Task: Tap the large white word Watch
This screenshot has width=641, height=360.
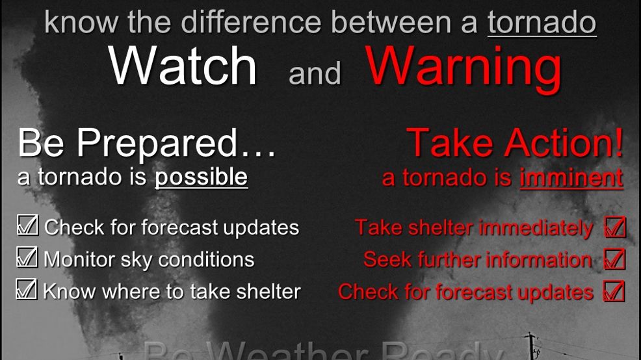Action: [x=183, y=66]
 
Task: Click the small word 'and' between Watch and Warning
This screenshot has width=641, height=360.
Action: [x=315, y=73]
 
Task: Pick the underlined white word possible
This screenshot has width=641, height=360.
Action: [x=201, y=177]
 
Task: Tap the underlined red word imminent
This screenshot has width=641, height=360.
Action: [x=571, y=177]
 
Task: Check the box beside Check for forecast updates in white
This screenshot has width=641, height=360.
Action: [x=28, y=225]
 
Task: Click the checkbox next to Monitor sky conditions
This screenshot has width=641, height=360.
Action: [x=27, y=257]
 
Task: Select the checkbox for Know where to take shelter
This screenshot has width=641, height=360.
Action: [x=26, y=289]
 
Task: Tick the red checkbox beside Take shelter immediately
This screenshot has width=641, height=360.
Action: [x=614, y=227]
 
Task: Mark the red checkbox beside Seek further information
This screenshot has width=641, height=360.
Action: [x=614, y=259]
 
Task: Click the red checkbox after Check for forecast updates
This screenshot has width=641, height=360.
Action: [x=614, y=290]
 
